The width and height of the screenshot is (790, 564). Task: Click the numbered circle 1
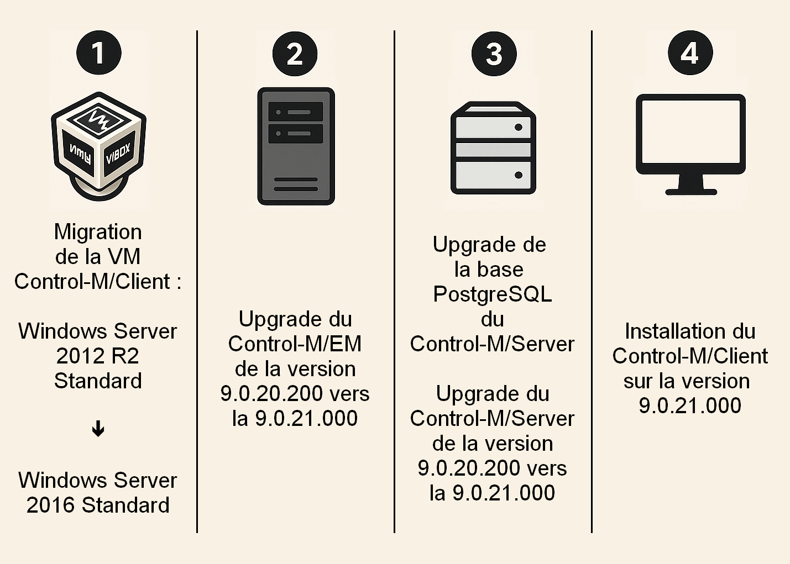[x=98, y=53]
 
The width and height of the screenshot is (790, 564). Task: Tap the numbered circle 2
[x=295, y=54]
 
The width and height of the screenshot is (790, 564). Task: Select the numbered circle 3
[x=494, y=54]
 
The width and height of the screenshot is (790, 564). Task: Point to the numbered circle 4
[x=690, y=53]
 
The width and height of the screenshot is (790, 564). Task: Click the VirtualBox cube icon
[x=98, y=145]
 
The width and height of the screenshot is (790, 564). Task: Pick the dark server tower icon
[x=296, y=146]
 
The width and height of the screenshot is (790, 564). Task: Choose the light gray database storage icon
[x=493, y=148]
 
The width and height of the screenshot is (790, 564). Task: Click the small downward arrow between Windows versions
[x=98, y=429]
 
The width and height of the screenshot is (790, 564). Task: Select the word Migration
[x=98, y=232]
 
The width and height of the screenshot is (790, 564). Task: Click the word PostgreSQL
[x=493, y=294]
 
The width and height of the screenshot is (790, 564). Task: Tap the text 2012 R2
[x=98, y=356]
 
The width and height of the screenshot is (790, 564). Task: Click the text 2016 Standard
[x=98, y=505]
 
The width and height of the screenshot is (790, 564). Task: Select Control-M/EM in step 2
[x=295, y=344]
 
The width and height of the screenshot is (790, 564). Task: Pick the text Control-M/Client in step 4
[x=690, y=356]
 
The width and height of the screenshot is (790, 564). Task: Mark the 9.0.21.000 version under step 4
[x=690, y=406]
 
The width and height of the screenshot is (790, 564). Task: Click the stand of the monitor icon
[x=690, y=185]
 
